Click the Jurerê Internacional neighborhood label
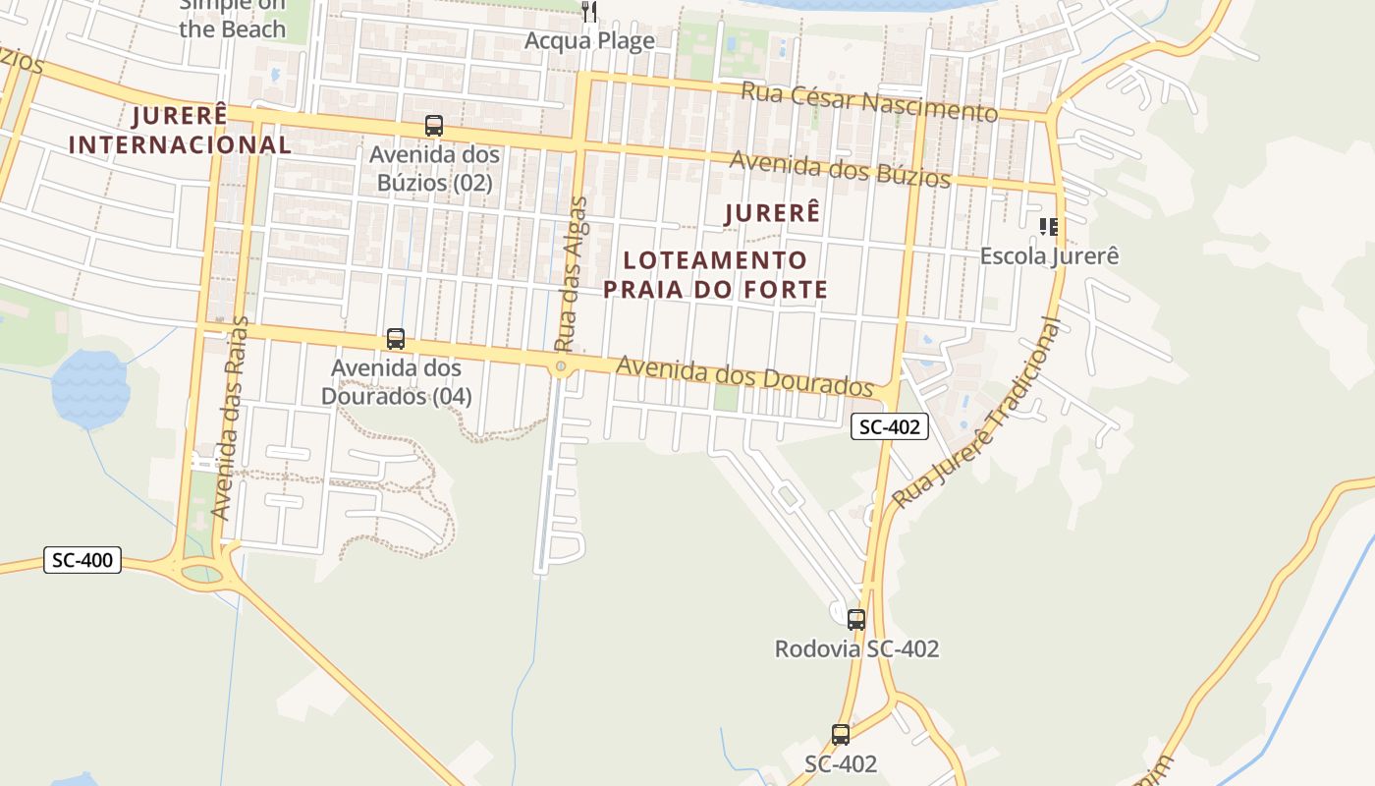coord(180,130)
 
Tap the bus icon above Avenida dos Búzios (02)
coord(434,126)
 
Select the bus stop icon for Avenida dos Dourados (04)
coord(396,339)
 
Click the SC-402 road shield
coord(889,426)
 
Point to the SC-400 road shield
coord(82,561)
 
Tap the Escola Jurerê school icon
coord(1049,228)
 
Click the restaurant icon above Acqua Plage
coord(589,12)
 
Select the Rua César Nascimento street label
coord(868,102)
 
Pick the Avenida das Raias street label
coord(232,418)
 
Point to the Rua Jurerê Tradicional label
coord(977,414)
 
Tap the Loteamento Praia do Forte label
coord(715,275)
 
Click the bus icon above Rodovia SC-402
coord(856,619)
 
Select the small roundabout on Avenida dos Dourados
coord(561,367)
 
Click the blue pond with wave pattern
coord(90,387)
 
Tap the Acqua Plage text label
coord(589,40)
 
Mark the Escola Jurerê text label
coord(1049,256)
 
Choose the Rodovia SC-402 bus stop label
coord(856,649)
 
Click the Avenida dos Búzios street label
coord(840,169)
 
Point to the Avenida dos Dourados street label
coord(744,376)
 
